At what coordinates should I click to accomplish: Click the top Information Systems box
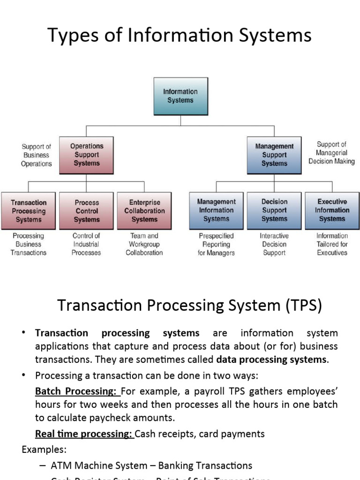pyautogui.click(x=180, y=96)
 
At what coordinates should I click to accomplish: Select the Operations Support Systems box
pyautogui.click(x=87, y=155)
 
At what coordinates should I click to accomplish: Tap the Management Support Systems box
pyautogui.click(x=274, y=155)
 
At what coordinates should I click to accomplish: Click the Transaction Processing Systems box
pyautogui.click(x=29, y=211)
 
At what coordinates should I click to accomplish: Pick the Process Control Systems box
pyautogui.click(x=87, y=211)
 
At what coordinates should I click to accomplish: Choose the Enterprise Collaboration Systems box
pyautogui.click(x=144, y=211)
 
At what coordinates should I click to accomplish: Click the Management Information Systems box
pyautogui.click(x=216, y=210)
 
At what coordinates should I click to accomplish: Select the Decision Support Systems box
pyautogui.click(x=274, y=210)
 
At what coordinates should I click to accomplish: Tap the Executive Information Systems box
pyautogui.click(x=332, y=210)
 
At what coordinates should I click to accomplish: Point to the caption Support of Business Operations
pyautogui.click(x=37, y=155)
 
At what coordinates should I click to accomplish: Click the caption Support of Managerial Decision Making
pyautogui.click(x=331, y=153)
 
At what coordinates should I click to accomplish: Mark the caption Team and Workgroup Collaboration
pyautogui.click(x=144, y=244)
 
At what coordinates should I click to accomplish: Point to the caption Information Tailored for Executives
pyautogui.click(x=332, y=244)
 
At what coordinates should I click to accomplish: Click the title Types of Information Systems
pyautogui.click(x=180, y=36)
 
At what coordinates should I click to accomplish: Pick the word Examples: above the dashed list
pyautogui.click(x=44, y=450)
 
